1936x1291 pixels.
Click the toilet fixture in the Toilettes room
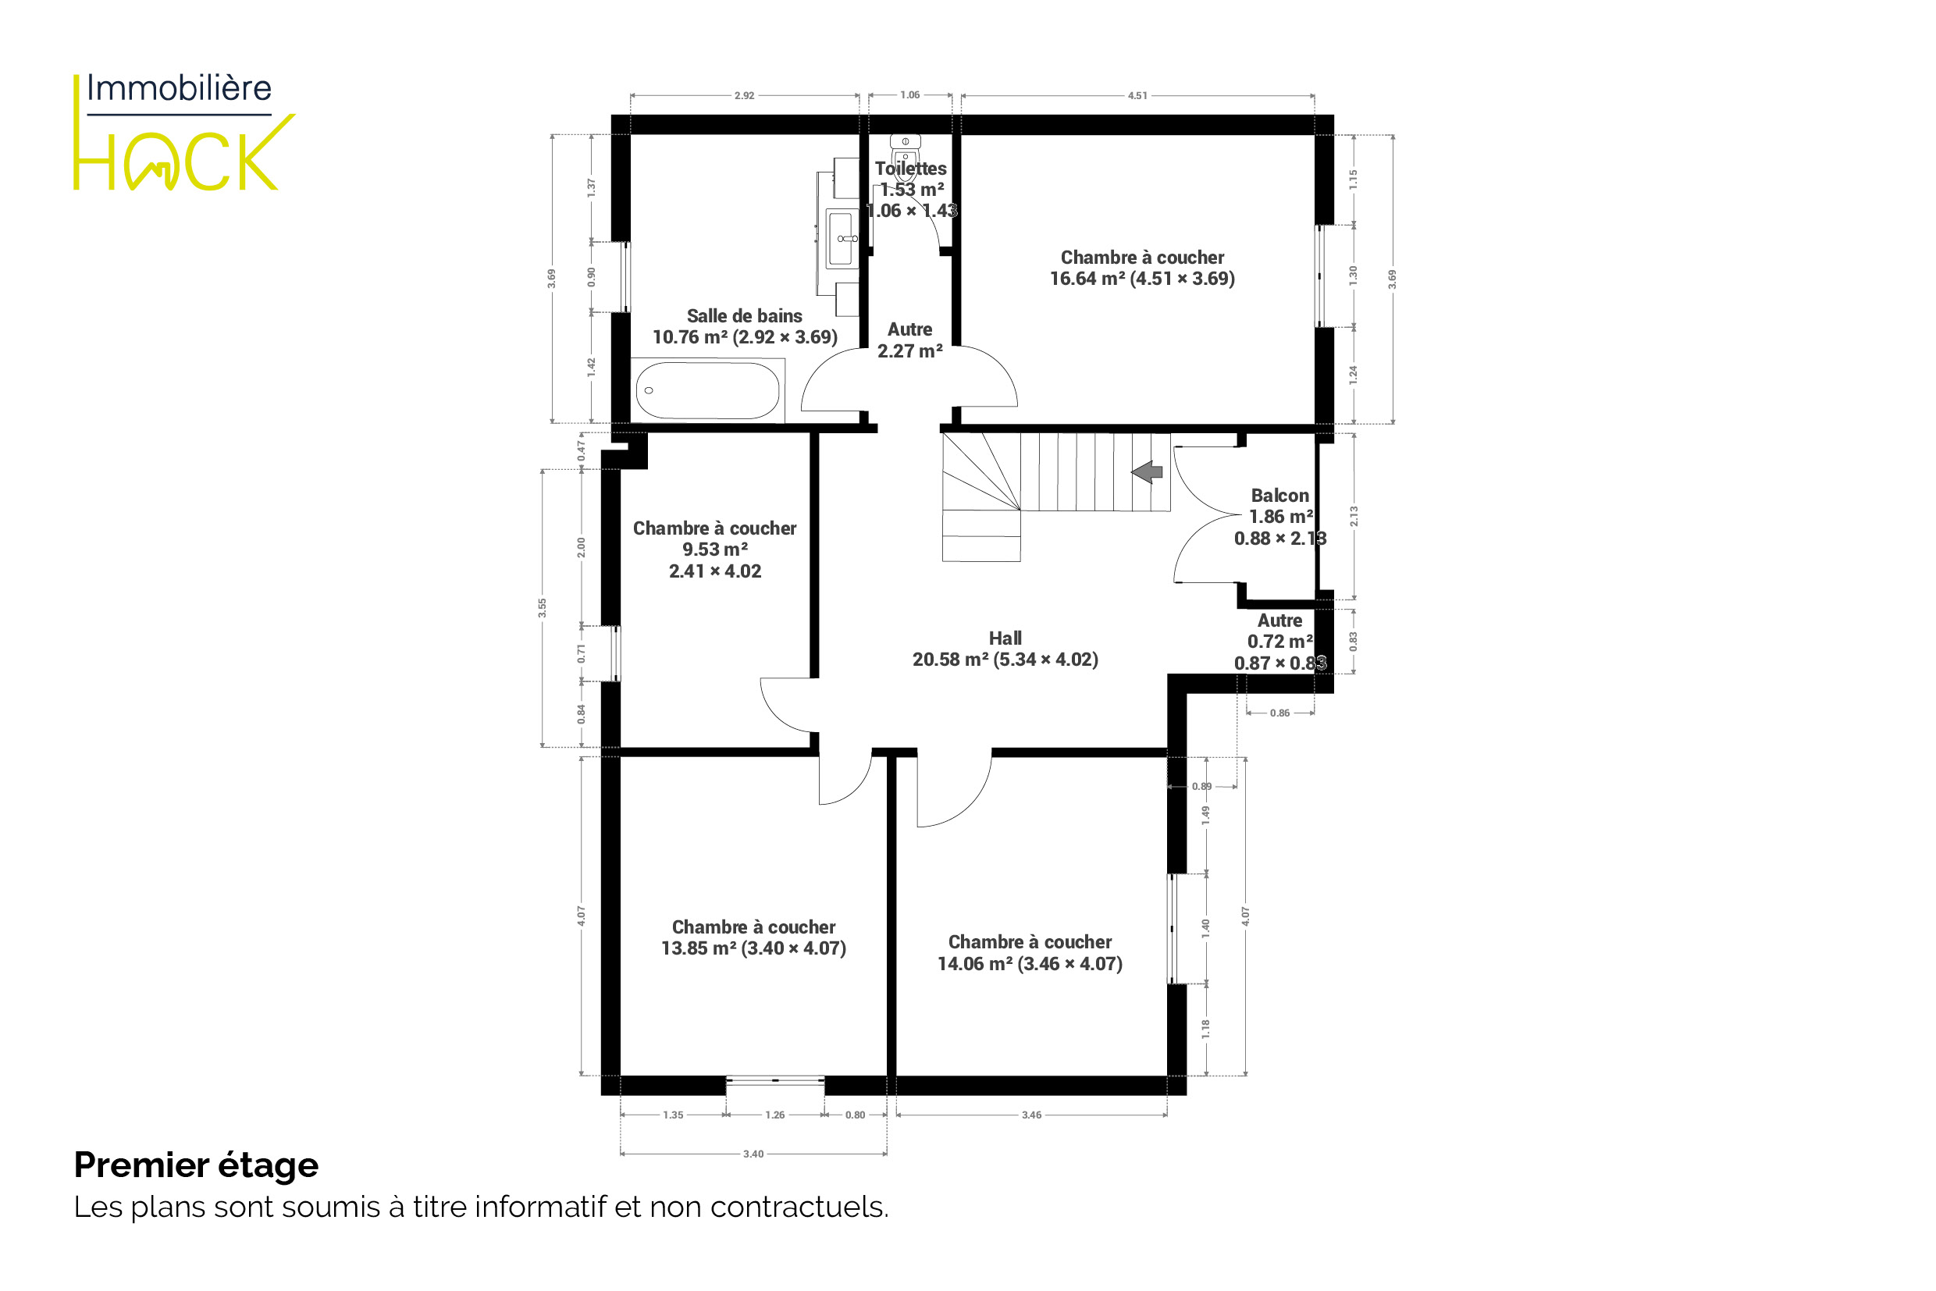coord(905,153)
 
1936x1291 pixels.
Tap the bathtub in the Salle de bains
coord(707,390)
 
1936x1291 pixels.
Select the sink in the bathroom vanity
coord(841,239)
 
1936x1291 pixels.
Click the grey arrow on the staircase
coord(1146,472)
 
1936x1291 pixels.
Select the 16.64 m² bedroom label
coord(1142,269)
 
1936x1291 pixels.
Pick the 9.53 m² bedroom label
coord(715,549)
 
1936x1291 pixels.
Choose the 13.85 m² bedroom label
coord(753,937)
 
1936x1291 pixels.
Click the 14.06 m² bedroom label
coord(1030,952)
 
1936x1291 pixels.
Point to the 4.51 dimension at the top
coord(1137,95)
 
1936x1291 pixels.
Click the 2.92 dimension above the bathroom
coord(745,95)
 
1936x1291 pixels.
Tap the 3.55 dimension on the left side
coord(542,607)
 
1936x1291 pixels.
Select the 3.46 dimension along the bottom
coord(1032,1115)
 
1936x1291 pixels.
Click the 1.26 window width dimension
coord(775,1115)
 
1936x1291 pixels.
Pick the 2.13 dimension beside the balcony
coord(1354,516)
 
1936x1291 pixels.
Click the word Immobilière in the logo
coord(179,88)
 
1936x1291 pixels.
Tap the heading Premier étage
coord(196,1166)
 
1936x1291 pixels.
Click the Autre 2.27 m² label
coord(910,340)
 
